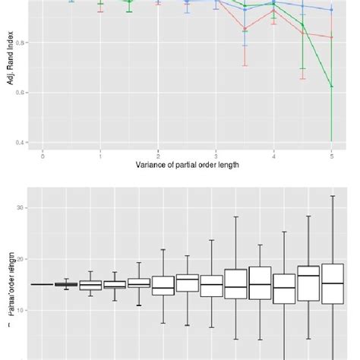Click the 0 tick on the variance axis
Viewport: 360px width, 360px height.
pos(43,156)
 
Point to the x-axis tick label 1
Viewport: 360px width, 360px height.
pos(101,156)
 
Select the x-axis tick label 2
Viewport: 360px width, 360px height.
pos(158,156)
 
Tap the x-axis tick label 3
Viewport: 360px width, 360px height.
pos(216,156)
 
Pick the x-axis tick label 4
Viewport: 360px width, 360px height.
pos(273,156)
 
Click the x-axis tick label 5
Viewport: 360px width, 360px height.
pos(331,156)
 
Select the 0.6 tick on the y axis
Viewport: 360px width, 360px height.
pos(23,93)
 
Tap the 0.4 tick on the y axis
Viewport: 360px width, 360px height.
pos(23,142)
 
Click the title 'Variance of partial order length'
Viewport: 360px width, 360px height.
pos(187,165)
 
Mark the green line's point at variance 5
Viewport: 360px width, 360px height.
pos(332,87)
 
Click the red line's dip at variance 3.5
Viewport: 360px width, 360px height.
pos(245,30)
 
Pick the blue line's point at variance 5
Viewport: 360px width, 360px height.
pos(332,10)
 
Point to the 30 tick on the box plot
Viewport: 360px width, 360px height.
pos(23,207)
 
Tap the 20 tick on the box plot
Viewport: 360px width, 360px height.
pos(23,259)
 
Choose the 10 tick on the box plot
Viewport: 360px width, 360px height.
pos(23,310)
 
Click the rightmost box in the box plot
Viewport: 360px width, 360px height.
pos(333,284)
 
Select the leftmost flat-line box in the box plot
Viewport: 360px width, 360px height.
pos(43,284)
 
